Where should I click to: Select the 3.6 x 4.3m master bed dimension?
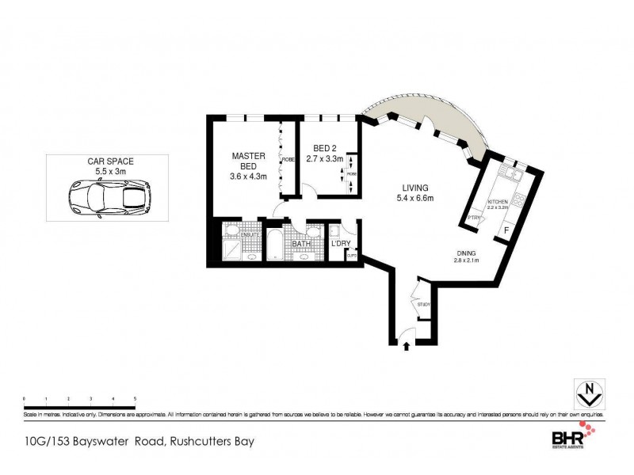[248, 175]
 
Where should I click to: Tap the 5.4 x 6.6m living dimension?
[418, 198]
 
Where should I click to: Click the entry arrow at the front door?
[407, 346]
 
